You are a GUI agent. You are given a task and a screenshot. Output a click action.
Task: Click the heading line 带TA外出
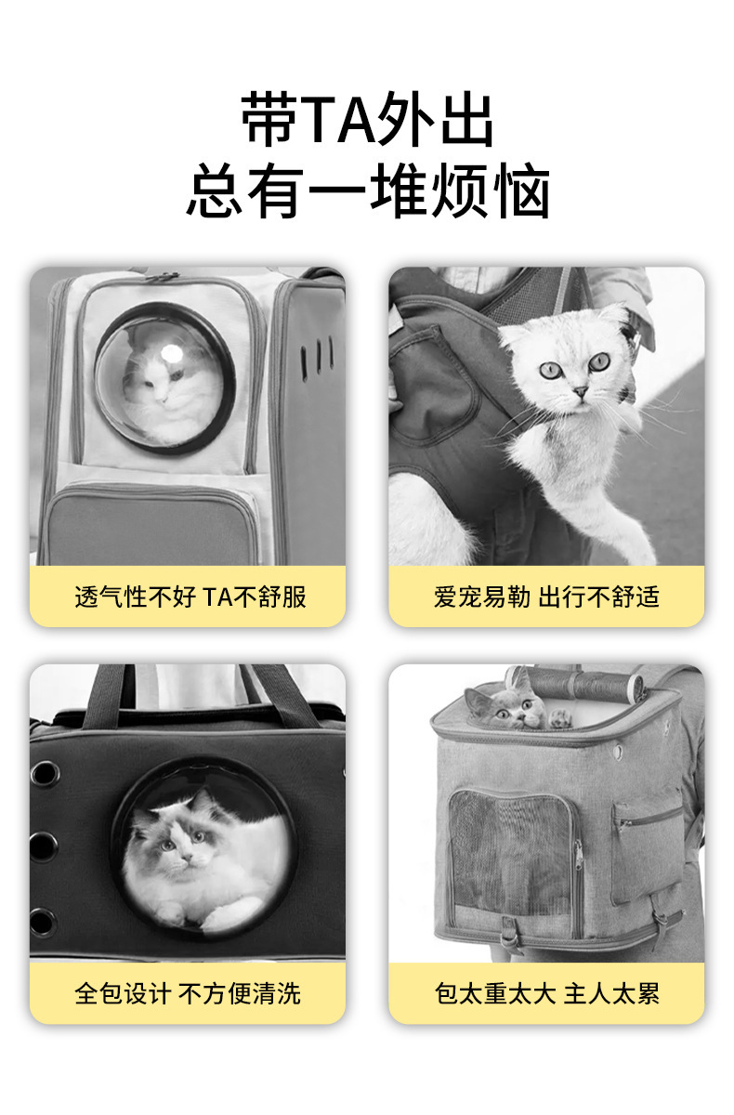click(367, 120)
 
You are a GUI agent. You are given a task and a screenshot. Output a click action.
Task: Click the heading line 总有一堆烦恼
click(367, 190)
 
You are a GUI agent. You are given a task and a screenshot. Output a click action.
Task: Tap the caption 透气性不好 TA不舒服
click(190, 597)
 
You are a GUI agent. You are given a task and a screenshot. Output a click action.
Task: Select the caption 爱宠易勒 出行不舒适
click(546, 597)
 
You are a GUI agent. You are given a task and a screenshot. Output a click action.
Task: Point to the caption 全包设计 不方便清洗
click(188, 993)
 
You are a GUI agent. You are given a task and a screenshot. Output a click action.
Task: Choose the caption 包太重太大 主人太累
click(546, 993)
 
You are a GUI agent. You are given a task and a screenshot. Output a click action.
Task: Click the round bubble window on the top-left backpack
click(164, 377)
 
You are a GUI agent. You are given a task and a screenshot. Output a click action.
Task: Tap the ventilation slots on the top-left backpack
click(317, 356)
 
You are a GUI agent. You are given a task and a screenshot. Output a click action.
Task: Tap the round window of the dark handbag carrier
click(204, 846)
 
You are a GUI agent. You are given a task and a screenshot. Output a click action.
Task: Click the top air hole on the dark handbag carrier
click(43, 773)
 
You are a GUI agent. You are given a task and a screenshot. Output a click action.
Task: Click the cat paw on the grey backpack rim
click(560, 717)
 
